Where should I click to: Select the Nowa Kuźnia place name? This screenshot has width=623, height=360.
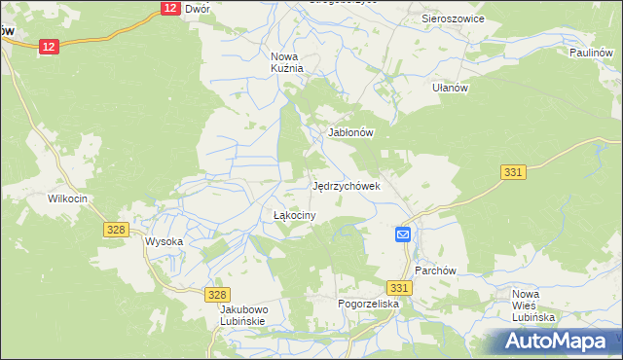tap(287, 62)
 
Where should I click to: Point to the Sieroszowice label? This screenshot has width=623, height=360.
tap(453, 18)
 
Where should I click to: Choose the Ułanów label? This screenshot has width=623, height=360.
tap(451, 88)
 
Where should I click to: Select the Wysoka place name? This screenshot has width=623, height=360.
tap(164, 241)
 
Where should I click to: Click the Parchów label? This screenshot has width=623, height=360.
tap(435, 270)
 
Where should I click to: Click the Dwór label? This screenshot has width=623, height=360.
tap(198, 8)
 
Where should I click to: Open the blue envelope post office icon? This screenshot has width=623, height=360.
tap(403, 234)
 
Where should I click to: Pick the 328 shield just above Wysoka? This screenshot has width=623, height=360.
tap(116, 229)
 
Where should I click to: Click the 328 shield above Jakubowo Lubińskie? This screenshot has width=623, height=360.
tap(218, 294)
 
